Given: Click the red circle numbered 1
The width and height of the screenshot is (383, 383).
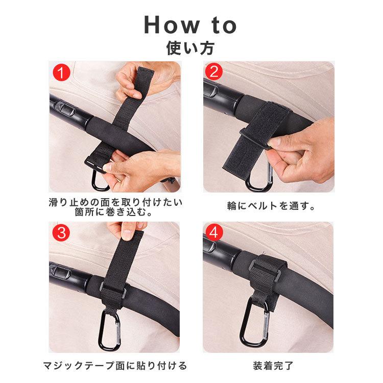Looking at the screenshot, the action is [61, 73].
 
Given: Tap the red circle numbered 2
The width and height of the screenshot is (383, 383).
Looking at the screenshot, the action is [214, 71].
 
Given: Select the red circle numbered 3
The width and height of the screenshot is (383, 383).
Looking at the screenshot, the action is [61, 232].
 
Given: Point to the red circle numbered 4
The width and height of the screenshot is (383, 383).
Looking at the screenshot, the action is [214, 232].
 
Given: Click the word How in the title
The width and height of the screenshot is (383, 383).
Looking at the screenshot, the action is [172, 25].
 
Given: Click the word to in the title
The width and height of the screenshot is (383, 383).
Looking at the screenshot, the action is [224, 26].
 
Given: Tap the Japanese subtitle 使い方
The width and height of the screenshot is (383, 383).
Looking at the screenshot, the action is [190, 48].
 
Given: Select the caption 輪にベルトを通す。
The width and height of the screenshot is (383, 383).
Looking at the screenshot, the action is [271, 206].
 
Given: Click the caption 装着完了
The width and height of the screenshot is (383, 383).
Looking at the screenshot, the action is [273, 366].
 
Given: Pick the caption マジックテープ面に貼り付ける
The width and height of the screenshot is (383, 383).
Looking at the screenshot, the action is [115, 366].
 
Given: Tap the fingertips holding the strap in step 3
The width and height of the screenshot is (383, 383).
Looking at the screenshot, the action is [127, 233].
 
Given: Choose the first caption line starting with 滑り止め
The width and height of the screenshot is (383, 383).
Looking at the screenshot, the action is [115, 202].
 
